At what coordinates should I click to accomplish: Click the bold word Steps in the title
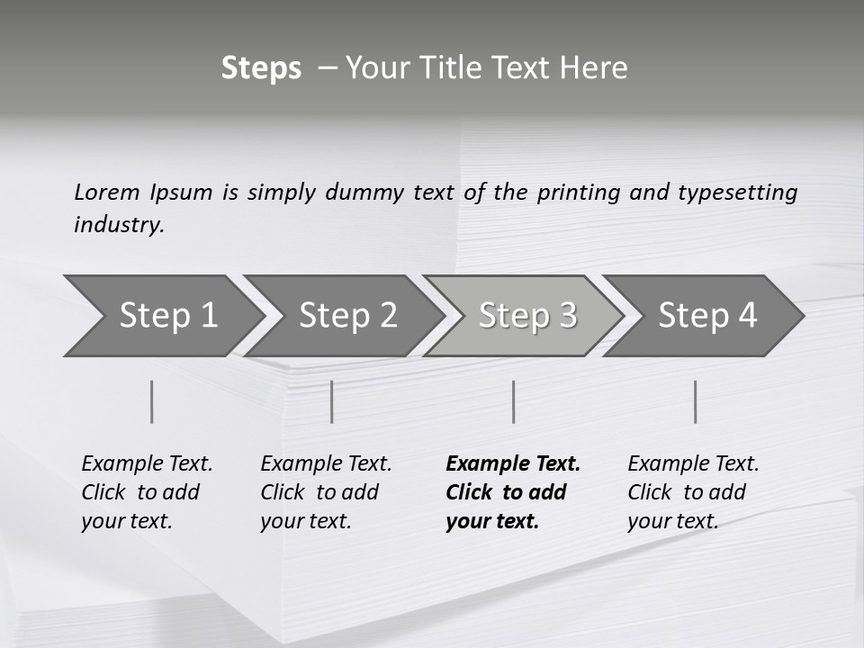tap(261, 68)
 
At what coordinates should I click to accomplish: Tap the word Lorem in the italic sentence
tap(107, 192)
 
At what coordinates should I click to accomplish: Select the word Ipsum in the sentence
tap(182, 193)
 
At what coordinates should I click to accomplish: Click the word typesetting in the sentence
tap(737, 193)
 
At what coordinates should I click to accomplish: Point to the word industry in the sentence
tap(118, 225)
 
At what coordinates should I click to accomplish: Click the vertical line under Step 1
tap(152, 401)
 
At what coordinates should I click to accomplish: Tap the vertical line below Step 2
tap(332, 401)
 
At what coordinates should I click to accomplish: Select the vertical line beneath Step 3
tap(514, 401)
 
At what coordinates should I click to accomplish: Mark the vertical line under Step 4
tap(696, 401)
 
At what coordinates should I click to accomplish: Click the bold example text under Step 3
tap(513, 492)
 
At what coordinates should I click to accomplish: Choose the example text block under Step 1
tap(147, 492)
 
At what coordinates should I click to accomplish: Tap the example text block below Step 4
tap(693, 492)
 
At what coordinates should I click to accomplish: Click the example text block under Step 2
tap(326, 492)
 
